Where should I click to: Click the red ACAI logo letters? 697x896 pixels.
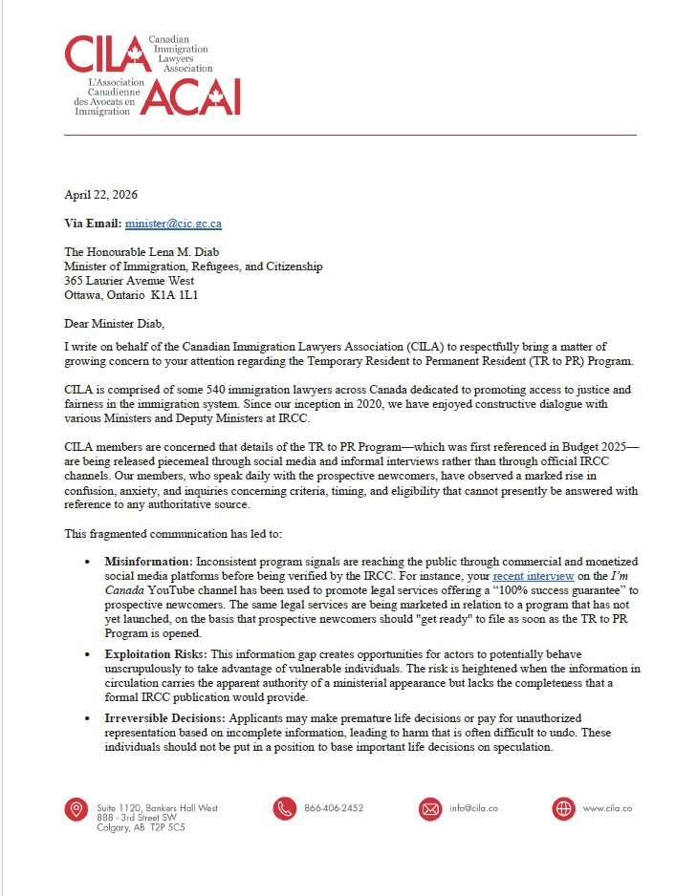click(187, 97)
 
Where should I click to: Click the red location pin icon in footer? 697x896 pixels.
click(76, 809)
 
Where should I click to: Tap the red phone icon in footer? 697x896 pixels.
click(284, 809)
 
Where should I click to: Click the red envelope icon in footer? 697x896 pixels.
click(430, 809)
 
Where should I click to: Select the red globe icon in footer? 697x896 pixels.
click(563, 809)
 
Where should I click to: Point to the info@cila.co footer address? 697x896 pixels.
click(473, 808)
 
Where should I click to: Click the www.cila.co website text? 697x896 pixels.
click(607, 808)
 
